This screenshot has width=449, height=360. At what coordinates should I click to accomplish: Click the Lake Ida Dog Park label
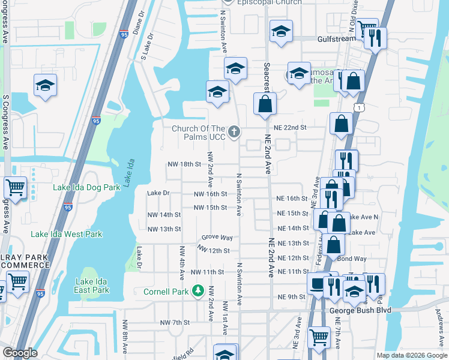tap(86, 187)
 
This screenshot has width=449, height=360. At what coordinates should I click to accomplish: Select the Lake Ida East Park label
tap(92, 286)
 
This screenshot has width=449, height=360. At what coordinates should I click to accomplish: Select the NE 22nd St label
tap(290, 128)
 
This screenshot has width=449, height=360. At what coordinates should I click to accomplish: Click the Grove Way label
tap(217, 238)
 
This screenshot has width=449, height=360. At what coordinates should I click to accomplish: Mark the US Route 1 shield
tap(358, 107)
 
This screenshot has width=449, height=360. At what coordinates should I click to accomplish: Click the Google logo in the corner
tap(20, 353)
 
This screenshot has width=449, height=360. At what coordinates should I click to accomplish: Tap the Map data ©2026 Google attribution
tap(411, 355)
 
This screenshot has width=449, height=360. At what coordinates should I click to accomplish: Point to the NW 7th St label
tap(175, 322)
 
